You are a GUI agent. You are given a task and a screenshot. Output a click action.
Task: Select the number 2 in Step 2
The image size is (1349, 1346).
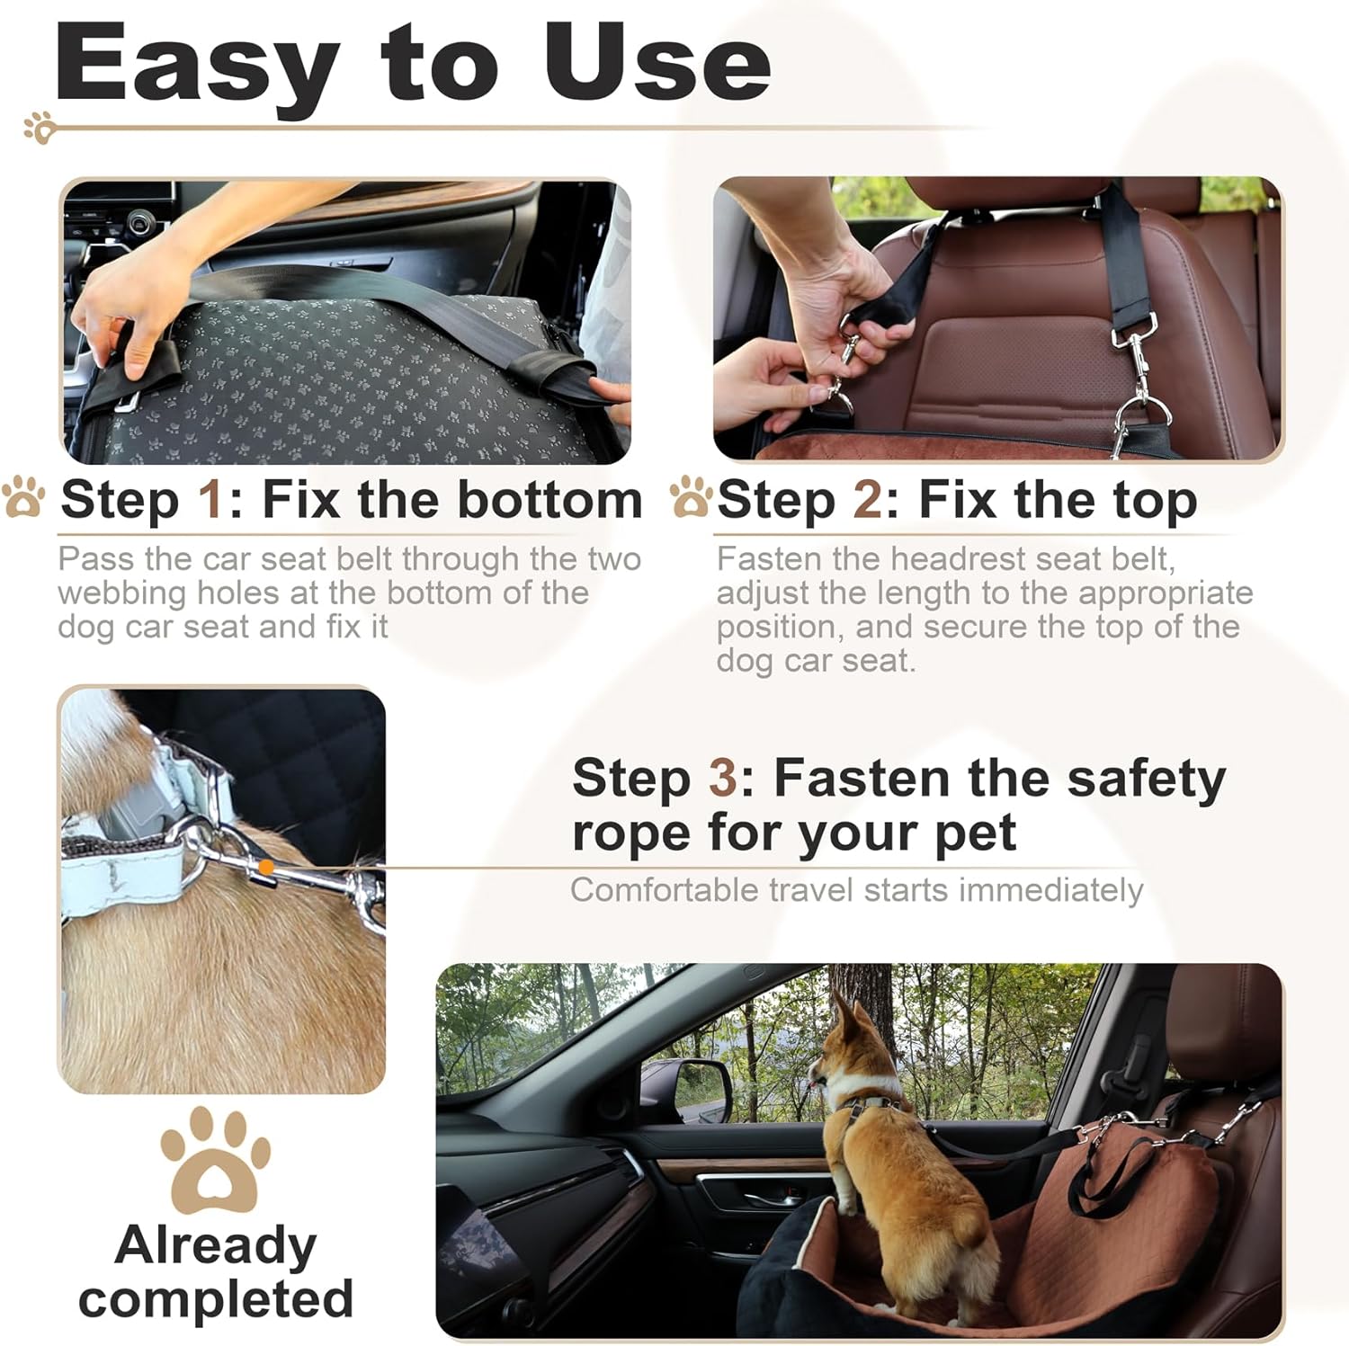(868, 499)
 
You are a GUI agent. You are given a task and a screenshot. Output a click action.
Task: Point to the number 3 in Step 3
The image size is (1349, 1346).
(723, 778)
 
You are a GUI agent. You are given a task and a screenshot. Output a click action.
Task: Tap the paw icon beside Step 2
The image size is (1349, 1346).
(691, 497)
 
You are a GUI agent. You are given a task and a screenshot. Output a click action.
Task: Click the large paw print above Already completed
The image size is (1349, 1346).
(215, 1160)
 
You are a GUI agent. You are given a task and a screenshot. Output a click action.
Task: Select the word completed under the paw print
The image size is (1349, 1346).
(216, 1300)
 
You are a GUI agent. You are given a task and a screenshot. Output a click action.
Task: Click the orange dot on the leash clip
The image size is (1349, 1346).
(266, 867)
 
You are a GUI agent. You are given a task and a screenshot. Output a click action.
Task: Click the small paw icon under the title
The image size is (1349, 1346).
(40, 128)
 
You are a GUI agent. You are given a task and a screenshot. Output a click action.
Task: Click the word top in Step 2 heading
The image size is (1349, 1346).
(1156, 501)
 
